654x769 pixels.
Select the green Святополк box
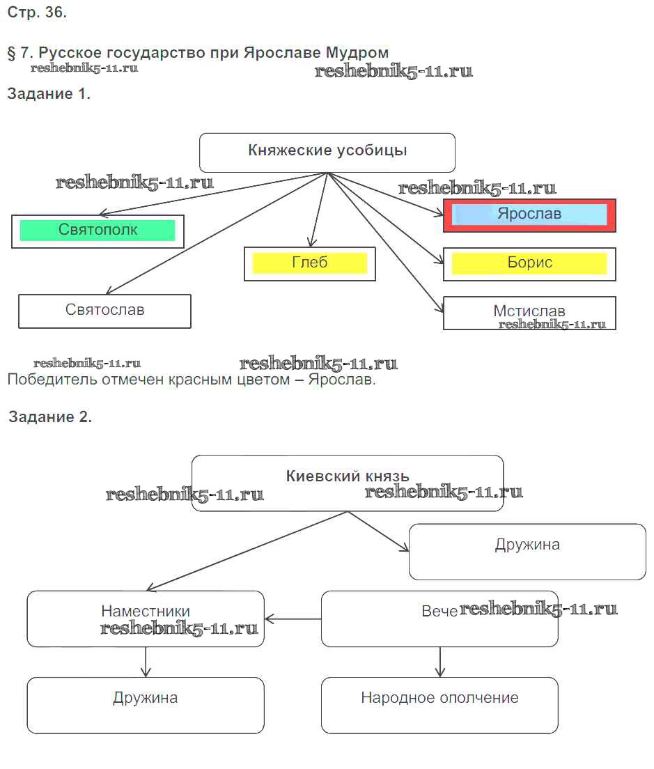click(98, 231)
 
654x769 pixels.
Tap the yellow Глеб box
click(310, 263)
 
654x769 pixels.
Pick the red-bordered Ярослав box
click(529, 215)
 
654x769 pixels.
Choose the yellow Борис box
click(529, 264)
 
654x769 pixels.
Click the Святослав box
click(104, 311)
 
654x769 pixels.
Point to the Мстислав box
click(529, 313)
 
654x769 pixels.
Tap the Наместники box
click(146, 619)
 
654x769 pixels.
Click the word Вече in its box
click(439, 612)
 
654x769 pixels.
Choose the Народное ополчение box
click(439, 705)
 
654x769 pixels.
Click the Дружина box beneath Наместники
click(146, 705)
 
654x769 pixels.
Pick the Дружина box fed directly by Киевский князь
click(527, 552)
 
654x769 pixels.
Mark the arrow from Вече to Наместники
click(293, 619)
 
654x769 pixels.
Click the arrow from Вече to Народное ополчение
click(439, 662)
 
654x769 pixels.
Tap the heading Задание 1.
click(49, 95)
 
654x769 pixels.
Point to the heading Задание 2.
click(50, 417)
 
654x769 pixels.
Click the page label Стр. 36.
click(37, 12)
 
